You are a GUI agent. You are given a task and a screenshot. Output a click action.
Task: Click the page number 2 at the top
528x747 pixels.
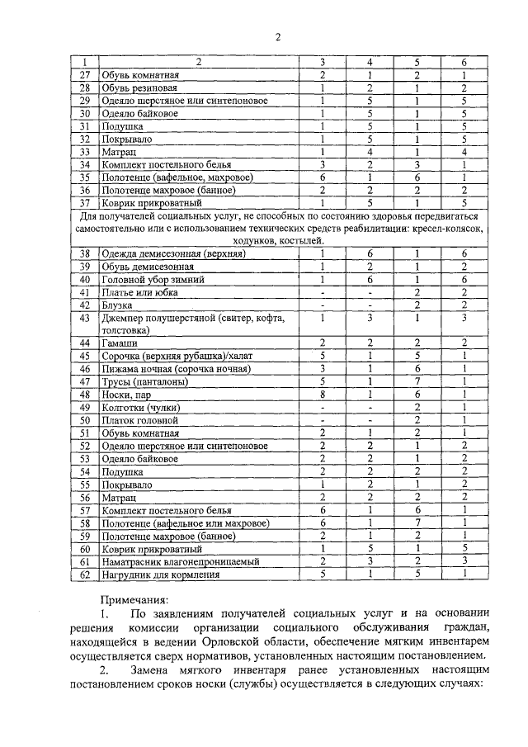tap(278, 37)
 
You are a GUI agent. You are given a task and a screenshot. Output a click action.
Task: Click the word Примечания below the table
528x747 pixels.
tap(134, 601)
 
